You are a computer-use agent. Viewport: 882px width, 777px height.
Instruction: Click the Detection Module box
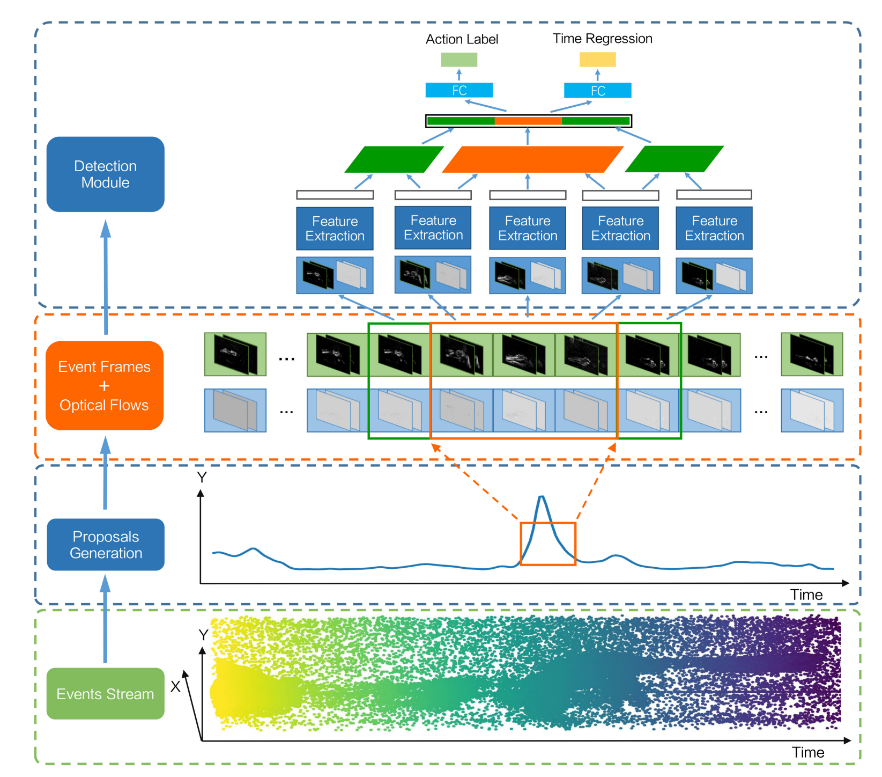pyautogui.click(x=105, y=174)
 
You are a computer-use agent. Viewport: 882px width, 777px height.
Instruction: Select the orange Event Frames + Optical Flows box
pyautogui.click(x=105, y=386)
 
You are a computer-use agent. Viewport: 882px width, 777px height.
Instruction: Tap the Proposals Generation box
pyautogui.click(x=106, y=545)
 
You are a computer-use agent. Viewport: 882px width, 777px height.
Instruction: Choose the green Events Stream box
pyautogui.click(x=105, y=694)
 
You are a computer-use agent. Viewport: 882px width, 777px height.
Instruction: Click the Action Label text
pyautogui.click(x=462, y=39)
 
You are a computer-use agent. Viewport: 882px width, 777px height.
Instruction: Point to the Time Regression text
pyautogui.click(x=602, y=39)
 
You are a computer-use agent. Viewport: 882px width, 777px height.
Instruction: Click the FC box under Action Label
pyautogui.click(x=459, y=90)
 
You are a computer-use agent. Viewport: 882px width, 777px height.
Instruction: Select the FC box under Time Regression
pyautogui.click(x=597, y=91)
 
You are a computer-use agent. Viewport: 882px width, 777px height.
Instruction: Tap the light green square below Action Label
pyautogui.click(x=459, y=60)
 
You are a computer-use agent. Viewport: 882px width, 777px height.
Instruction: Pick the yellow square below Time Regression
pyautogui.click(x=597, y=60)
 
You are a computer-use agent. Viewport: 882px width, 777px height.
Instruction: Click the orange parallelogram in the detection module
pyautogui.click(x=532, y=159)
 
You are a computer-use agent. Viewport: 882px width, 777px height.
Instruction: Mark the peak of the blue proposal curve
pyautogui.click(x=542, y=497)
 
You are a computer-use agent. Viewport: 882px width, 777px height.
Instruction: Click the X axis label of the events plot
pyautogui.click(x=175, y=686)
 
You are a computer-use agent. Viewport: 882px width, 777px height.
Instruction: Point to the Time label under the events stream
pyautogui.click(x=807, y=752)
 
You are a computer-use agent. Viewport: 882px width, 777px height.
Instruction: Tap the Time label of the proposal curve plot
pyautogui.click(x=806, y=595)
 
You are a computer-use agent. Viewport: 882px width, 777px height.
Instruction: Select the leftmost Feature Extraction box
pyautogui.click(x=335, y=229)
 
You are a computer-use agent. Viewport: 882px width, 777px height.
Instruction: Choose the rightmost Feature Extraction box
pyautogui.click(x=714, y=229)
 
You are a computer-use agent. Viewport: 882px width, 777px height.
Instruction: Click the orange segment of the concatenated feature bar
pyautogui.click(x=528, y=121)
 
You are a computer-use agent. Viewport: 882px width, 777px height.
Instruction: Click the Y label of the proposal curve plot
pyautogui.click(x=202, y=477)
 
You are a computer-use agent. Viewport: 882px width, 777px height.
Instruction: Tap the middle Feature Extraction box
pyautogui.click(x=528, y=229)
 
